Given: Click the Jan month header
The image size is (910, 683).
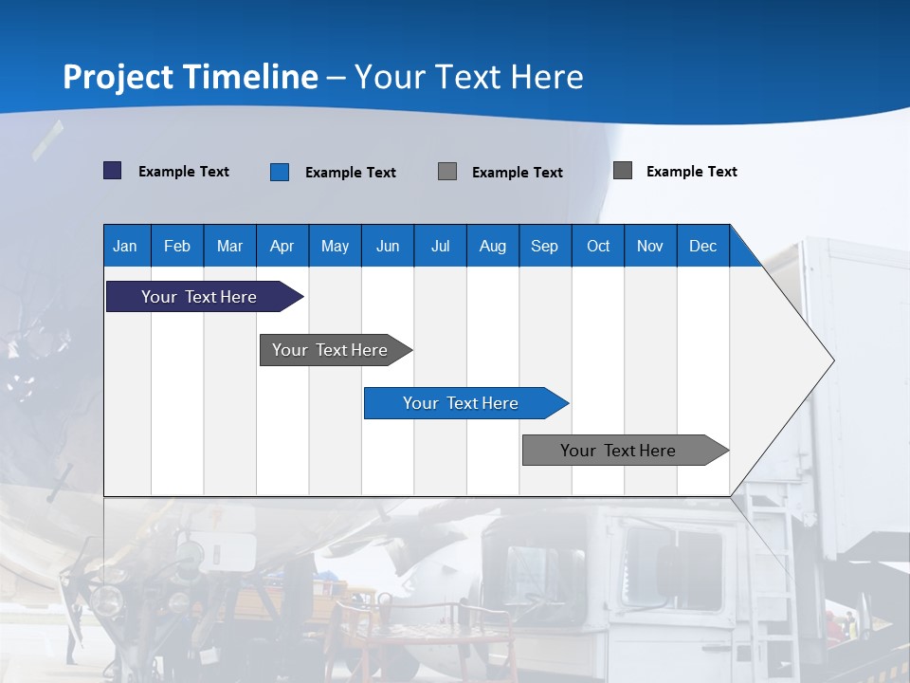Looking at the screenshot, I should (x=125, y=246).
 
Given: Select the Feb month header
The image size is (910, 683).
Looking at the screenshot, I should (x=177, y=246).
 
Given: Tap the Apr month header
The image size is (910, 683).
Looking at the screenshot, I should (x=282, y=246).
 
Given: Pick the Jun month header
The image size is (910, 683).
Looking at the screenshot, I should (x=388, y=246).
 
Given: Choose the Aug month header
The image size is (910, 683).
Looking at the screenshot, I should (x=492, y=246).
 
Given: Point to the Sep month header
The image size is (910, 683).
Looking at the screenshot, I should (x=544, y=246).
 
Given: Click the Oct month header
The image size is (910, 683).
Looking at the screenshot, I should (x=598, y=246).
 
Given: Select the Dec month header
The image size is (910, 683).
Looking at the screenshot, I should (x=702, y=246).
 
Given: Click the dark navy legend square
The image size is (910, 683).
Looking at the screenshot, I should (x=113, y=171).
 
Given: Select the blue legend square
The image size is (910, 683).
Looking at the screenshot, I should (x=280, y=172).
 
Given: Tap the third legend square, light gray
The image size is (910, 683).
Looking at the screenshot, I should (x=447, y=172).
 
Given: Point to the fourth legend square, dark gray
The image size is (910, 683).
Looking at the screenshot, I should (x=623, y=171).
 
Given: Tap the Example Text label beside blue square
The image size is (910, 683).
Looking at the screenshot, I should (x=351, y=173).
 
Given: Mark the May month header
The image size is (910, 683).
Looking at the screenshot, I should (x=335, y=246).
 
